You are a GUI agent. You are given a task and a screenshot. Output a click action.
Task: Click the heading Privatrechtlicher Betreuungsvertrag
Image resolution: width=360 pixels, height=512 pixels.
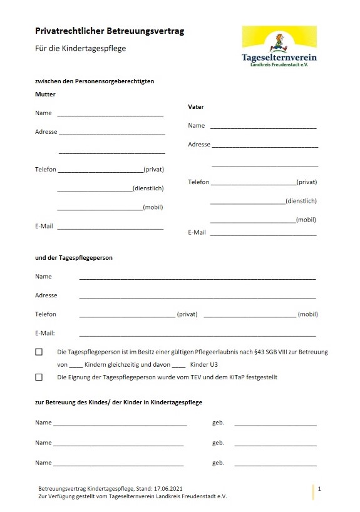point(110,30)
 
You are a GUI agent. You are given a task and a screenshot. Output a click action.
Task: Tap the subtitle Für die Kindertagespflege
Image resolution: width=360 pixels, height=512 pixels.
point(80,48)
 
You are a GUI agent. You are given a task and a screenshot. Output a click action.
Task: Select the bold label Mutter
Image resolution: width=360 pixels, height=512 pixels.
point(45,95)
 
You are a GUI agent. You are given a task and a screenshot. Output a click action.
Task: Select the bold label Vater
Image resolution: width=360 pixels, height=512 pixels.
point(196,107)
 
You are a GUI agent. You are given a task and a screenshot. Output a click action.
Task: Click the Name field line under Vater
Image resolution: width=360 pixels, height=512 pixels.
point(263,127)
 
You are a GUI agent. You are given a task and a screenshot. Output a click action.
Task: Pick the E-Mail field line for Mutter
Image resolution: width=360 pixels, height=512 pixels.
point(110,227)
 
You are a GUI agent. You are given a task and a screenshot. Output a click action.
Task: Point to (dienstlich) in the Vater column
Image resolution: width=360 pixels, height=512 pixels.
point(301,201)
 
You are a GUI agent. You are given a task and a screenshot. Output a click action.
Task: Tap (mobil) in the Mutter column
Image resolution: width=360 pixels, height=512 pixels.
point(153,207)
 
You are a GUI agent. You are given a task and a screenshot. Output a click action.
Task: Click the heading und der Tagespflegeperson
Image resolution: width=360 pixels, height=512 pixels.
point(74,258)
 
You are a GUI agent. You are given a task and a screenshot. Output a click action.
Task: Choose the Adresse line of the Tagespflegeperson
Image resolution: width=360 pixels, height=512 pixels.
point(197,297)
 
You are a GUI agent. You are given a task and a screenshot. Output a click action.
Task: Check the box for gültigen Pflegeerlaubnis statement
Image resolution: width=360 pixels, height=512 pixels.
point(39,352)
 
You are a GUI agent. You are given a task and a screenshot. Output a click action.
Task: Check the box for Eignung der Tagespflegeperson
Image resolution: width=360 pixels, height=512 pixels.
point(39,377)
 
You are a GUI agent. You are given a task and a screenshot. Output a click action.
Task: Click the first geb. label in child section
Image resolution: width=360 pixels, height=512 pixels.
point(218,423)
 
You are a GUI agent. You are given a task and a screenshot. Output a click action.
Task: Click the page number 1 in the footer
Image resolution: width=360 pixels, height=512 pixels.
point(319,488)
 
